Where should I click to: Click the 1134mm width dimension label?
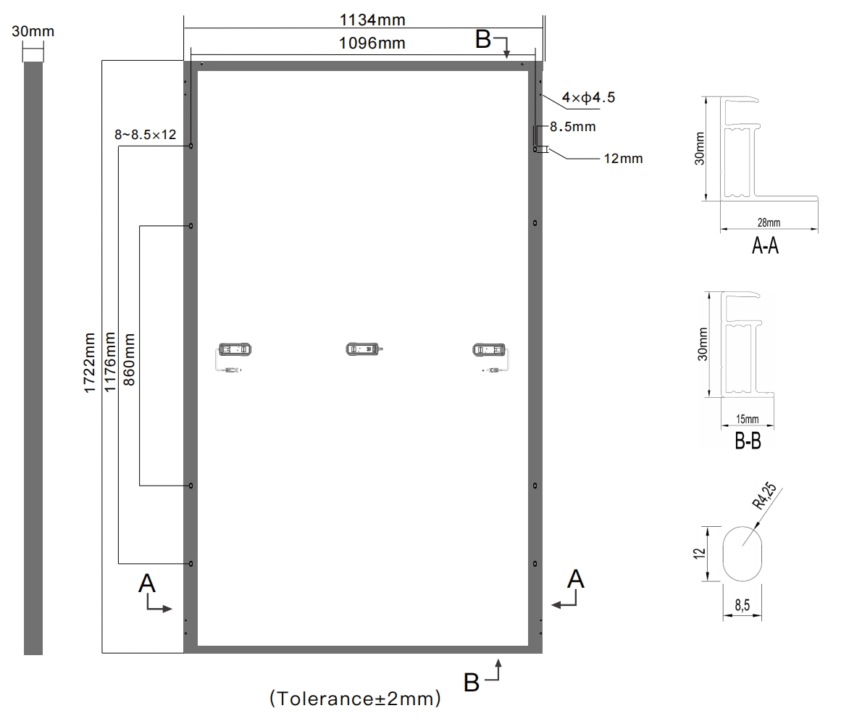tap(372, 20)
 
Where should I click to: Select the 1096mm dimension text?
tap(372, 43)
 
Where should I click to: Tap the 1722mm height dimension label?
tap(89, 363)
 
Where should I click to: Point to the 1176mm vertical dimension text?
tap(109, 362)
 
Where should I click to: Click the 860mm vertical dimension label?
tap(129, 359)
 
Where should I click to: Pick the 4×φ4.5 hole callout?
tap(588, 98)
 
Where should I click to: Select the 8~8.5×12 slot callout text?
tap(146, 135)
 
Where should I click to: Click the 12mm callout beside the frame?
tap(623, 159)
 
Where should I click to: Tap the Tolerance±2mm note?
tap(355, 698)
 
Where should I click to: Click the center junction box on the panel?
tap(364, 349)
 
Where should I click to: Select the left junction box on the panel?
tap(235, 349)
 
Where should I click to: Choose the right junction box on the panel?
tap(489, 350)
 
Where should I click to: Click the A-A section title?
tap(766, 245)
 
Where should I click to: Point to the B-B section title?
tap(748, 441)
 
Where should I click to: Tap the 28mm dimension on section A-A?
tap(769, 222)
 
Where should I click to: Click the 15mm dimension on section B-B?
tap(747, 419)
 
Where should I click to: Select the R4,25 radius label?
tap(764, 496)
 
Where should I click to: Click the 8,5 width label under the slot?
tap(742, 605)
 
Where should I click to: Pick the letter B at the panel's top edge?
tap(483, 39)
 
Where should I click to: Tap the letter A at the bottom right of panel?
tap(575, 579)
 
